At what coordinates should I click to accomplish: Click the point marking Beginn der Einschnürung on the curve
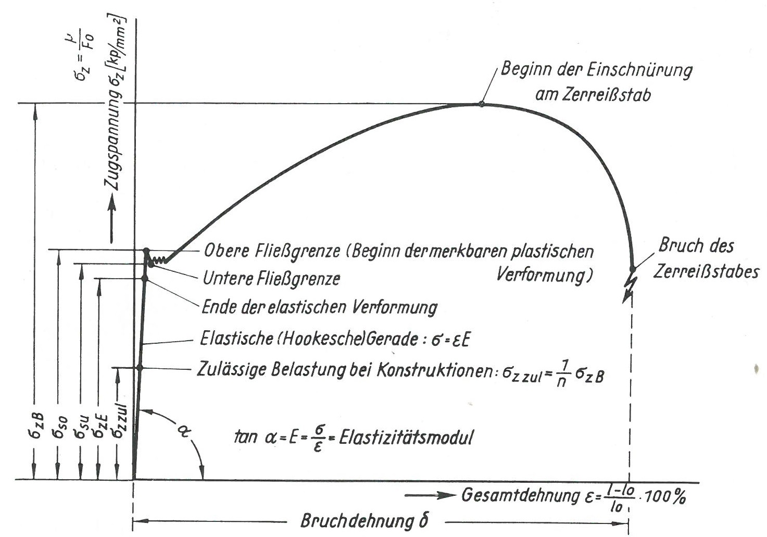tap(481, 104)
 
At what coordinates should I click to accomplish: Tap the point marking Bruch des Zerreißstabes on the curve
tap(633, 269)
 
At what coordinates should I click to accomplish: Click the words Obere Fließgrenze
tap(272, 252)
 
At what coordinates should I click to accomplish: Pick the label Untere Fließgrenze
tap(271, 279)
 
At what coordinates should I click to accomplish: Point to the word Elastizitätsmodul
tap(406, 438)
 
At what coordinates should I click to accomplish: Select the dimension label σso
tap(59, 428)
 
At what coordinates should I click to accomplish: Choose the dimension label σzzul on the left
tap(120, 421)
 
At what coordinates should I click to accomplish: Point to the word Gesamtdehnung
tap(520, 495)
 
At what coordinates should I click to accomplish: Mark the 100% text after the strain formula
tap(665, 496)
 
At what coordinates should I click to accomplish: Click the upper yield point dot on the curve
tap(146, 251)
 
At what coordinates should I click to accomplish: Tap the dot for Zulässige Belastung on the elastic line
tap(140, 368)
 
